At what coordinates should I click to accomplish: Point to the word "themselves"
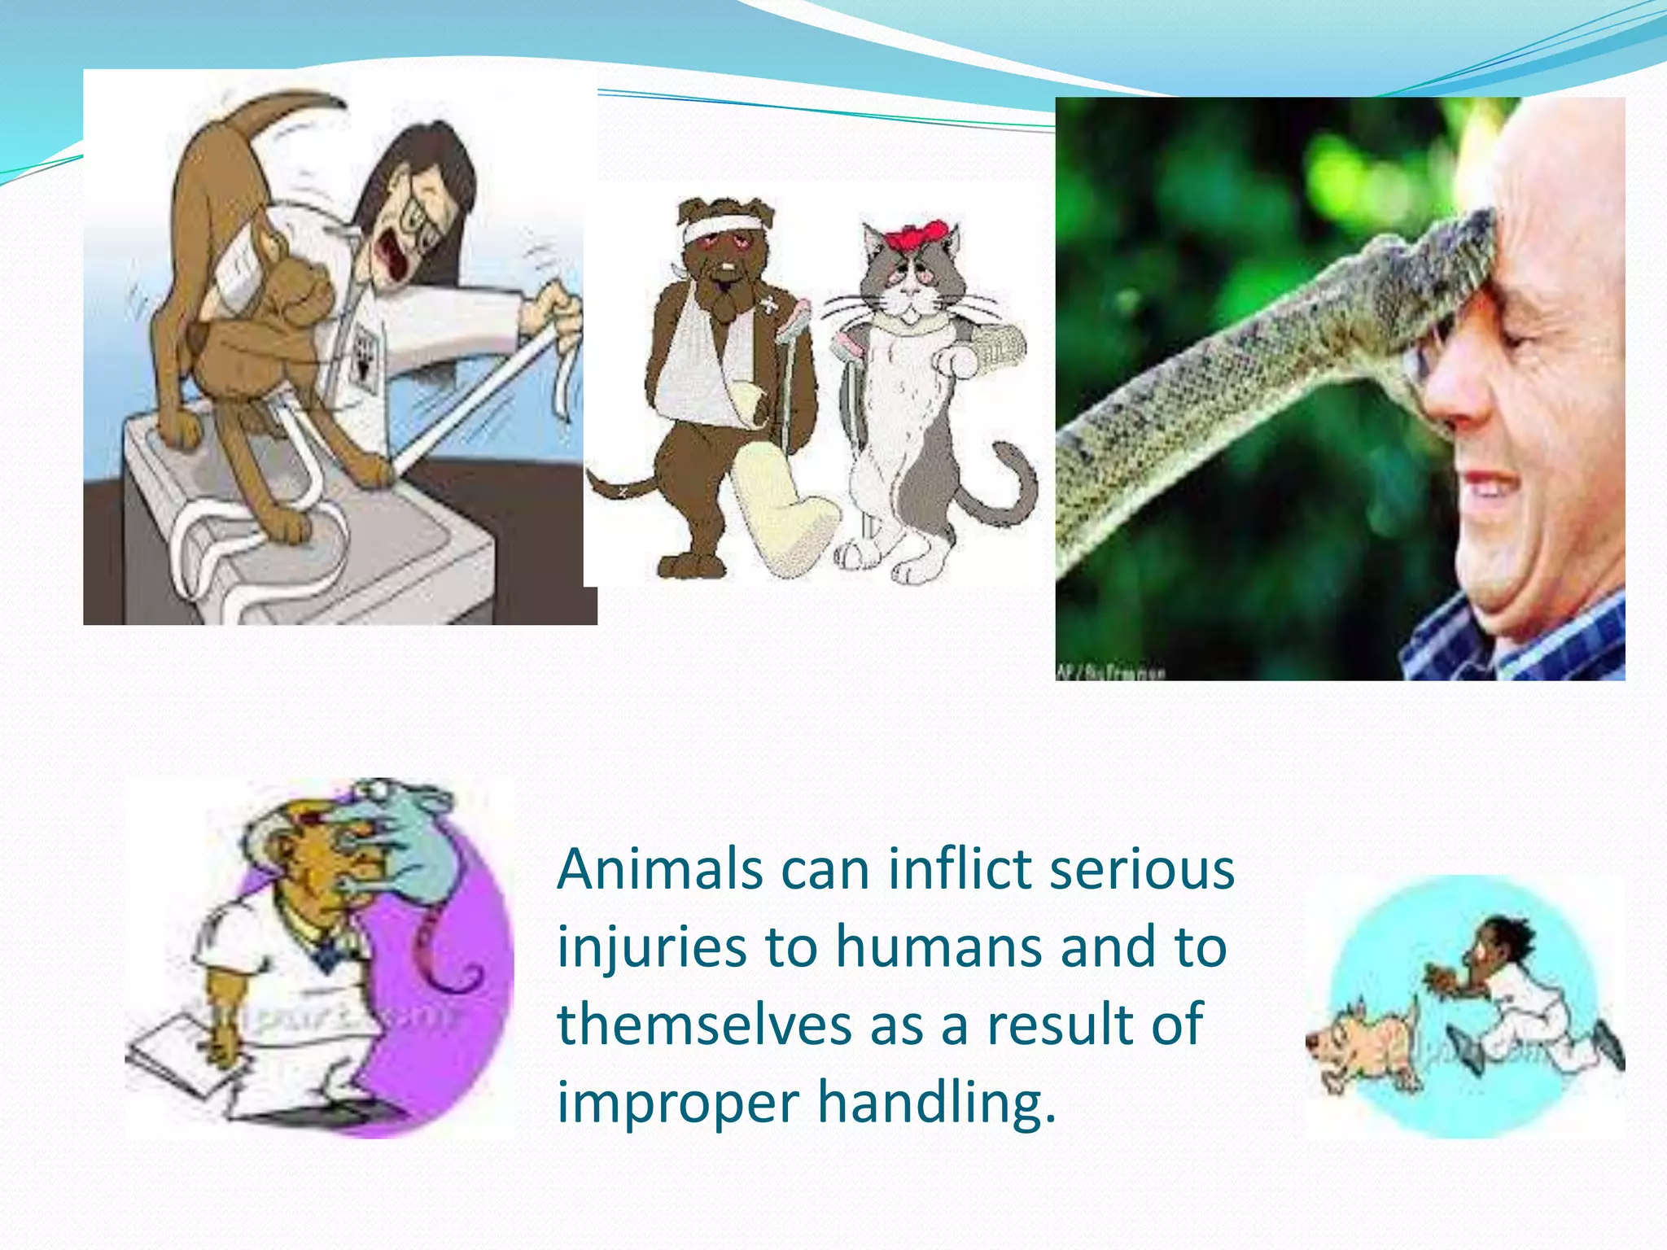(x=704, y=1025)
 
